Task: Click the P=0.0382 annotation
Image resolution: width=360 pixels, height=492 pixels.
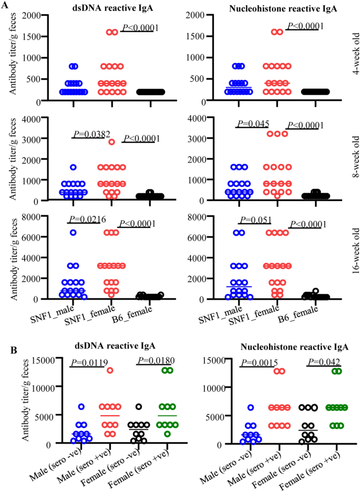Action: [x=92, y=134]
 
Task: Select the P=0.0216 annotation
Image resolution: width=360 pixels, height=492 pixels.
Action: [x=87, y=219]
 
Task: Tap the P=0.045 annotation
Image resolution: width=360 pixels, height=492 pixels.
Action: [x=253, y=123]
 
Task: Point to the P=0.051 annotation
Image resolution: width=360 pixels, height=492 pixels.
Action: [x=255, y=220]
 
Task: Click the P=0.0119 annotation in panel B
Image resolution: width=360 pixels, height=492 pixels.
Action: [x=89, y=363]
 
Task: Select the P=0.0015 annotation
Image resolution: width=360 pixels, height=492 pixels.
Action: [x=259, y=363]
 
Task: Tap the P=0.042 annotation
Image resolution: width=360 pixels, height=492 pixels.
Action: [x=324, y=362]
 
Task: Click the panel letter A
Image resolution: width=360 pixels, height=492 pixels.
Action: [x=5, y=5]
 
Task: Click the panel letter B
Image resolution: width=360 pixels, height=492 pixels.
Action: [x=14, y=350]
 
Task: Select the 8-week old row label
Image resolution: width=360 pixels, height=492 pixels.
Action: [x=356, y=156]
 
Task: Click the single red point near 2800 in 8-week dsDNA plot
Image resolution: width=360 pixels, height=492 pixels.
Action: [x=111, y=142]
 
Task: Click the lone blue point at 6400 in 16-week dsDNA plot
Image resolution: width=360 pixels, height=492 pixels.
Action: [x=73, y=233]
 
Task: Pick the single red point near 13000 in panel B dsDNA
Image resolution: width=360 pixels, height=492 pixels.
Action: [x=110, y=370]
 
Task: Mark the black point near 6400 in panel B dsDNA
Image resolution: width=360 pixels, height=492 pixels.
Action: [x=139, y=406]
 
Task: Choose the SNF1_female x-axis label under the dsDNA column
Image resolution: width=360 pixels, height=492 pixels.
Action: [x=90, y=316]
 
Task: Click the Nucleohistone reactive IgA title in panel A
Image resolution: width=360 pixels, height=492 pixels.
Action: [x=283, y=8]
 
